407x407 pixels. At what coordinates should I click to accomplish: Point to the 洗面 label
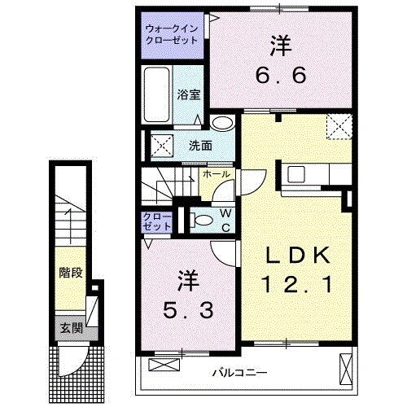coord(200,146)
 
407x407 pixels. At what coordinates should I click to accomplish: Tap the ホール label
coord(217,174)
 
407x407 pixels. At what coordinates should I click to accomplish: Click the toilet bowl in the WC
coord(199,220)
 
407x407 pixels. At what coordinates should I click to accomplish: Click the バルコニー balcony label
coord(241,372)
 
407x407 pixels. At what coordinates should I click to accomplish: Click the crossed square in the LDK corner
coord(339,127)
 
